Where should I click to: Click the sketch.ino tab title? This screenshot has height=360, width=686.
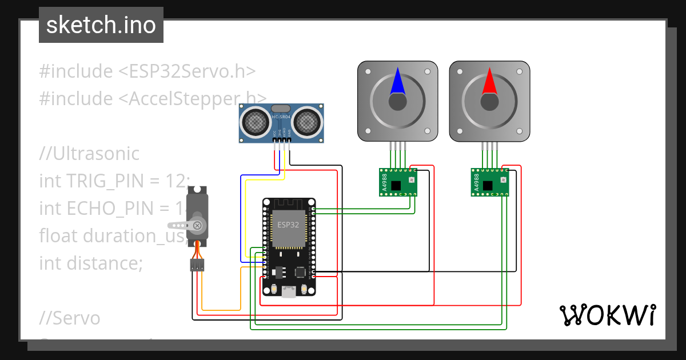[x=101, y=25]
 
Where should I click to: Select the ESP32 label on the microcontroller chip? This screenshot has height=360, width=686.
[x=288, y=225]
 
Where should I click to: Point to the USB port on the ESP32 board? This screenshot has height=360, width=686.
[x=289, y=292]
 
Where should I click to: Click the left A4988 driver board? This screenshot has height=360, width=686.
[x=398, y=182]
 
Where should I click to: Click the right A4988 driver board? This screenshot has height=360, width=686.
[x=489, y=182]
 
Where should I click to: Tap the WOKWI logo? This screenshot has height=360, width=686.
[x=607, y=315]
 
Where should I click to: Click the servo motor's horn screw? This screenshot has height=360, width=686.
[x=197, y=225]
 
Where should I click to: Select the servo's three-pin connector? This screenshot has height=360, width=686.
[x=197, y=265]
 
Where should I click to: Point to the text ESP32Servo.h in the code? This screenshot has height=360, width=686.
[x=186, y=71]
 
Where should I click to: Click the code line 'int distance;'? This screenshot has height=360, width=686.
[x=90, y=263]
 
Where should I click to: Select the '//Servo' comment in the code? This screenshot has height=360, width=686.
[x=70, y=318]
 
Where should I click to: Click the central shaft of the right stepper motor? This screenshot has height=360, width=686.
[x=489, y=102]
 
